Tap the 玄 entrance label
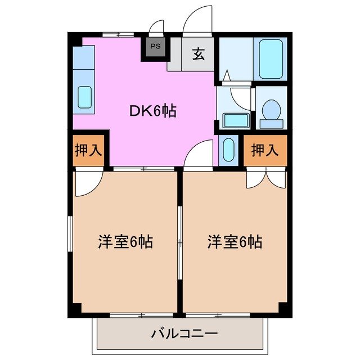click(x=198, y=54)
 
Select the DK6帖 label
click(x=152, y=111)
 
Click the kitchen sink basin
click(x=84, y=97)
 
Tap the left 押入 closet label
click(x=88, y=150)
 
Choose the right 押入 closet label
click(x=264, y=150)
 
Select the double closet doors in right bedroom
click(x=265, y=178)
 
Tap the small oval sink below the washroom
click(x=228, y=150)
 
